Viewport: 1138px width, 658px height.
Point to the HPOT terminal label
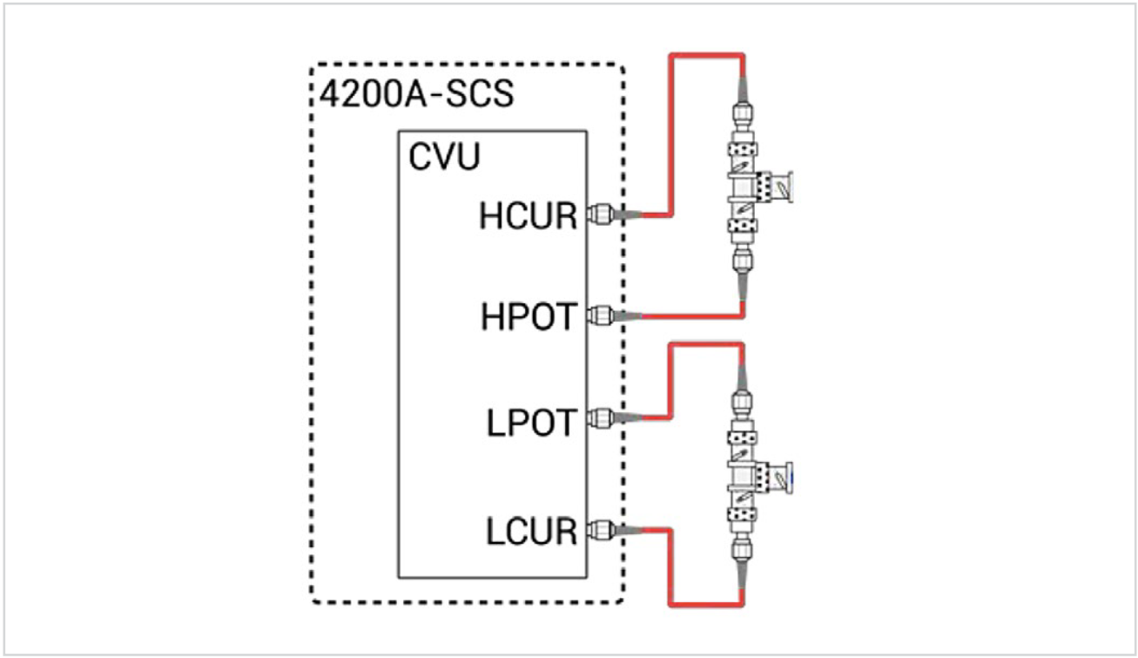[528, 318]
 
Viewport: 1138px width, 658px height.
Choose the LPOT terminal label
[531, 424]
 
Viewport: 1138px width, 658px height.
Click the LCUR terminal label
[531, 531]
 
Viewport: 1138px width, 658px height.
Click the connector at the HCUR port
[598, 214]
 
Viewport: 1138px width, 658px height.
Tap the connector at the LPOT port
[598, 419]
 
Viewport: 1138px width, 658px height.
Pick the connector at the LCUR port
[598, 527]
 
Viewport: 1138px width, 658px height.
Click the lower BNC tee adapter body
[743, 475]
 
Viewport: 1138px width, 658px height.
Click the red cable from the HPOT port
[697, 315]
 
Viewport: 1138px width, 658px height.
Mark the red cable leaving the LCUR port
[669, 566]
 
